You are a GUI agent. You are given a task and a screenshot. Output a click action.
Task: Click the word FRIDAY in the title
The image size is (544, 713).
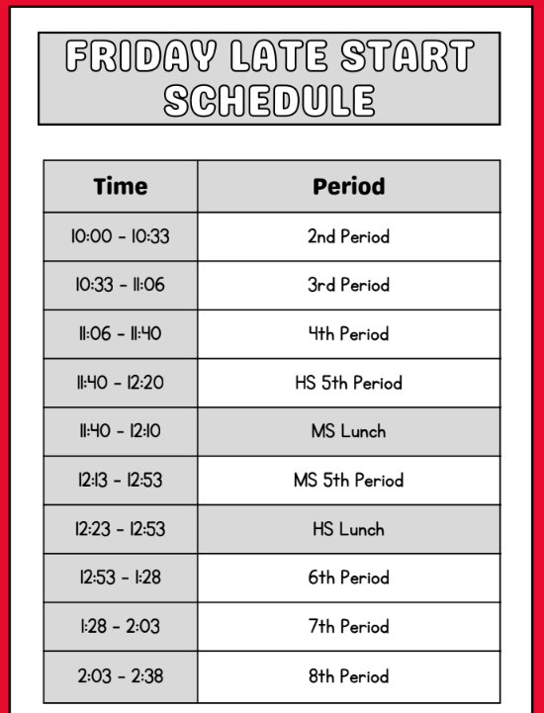click(x=129, y=58)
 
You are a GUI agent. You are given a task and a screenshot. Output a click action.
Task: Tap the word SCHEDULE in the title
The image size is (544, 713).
click(x=269, y=100)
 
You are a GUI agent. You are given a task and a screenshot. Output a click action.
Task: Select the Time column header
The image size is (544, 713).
click(x=120, y=186)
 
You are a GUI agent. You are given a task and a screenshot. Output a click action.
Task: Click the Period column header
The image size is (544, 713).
click(x=348, y=186)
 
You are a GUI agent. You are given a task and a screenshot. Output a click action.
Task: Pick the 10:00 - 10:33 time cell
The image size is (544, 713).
click(x=120, y=236)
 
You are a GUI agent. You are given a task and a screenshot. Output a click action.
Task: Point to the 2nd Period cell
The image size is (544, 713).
click(x=348, y=236)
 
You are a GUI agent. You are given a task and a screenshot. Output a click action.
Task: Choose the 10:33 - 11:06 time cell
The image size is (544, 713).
click(x=120, y=285)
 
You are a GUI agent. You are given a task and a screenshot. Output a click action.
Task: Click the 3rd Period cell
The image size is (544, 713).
click(x=348, y=285)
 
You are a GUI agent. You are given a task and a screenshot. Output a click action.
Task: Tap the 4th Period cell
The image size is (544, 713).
click(x=348, y=334)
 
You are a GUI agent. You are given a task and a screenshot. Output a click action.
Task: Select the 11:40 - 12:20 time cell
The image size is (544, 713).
click(x=120, y=383)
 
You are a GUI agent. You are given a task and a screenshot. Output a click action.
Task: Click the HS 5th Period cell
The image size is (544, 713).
click(x=348, y=383)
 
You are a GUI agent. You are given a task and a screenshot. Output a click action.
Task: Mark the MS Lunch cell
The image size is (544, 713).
click(x=348, y=431)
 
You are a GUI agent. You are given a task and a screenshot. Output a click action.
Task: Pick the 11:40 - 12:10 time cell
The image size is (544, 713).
click(x=120, y=431)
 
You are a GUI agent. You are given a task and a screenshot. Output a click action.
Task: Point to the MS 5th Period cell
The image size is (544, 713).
click(x=348, y=481)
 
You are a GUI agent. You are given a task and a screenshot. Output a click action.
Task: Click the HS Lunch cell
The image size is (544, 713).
click(x=348, y=529)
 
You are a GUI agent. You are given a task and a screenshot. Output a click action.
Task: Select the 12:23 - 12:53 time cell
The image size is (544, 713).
click(x=120, y=529)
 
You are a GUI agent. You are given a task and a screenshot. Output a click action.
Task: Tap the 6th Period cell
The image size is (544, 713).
click(x=348, y=578)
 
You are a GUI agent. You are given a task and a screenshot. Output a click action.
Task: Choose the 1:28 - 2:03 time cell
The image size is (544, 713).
click(x=120, y=627)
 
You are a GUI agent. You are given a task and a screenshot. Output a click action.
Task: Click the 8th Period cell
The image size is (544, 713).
click(x=348, y=676)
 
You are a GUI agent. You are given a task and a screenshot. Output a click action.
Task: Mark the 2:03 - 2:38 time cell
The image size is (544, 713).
click(x=120, y=676)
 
